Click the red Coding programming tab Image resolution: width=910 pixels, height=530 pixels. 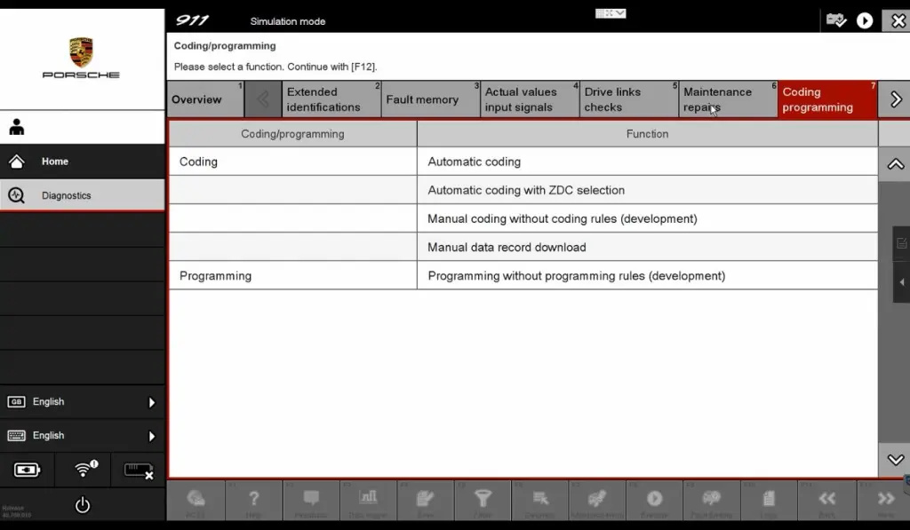(x=827, y=99)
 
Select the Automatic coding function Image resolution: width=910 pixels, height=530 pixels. (x=475, y=162)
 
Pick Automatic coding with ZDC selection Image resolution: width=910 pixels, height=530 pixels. (x=526, y=190)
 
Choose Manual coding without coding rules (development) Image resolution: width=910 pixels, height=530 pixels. (x=562, y=218)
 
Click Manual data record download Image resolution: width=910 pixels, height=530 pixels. (x=507, y=247)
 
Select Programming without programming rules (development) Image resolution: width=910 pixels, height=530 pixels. (x=576, y=276)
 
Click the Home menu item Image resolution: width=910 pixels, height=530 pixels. (x=55, y=162)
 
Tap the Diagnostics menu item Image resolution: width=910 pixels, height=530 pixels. (x=66, y=195)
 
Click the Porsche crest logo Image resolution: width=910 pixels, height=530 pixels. (x=81, y=51)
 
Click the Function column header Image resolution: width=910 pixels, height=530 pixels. (x=647, y=134)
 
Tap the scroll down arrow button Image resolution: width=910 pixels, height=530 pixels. (x=895, y=460)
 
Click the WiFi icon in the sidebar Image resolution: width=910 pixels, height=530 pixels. (x=84, y=470)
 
